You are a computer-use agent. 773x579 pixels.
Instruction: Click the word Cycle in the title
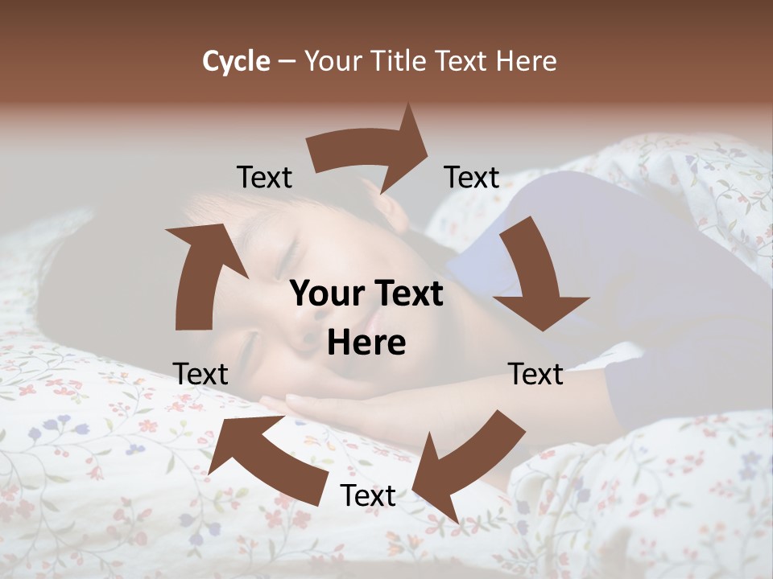click(236, 61)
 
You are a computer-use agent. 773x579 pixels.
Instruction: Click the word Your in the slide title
click(335, 61)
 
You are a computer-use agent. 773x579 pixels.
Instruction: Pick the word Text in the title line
click(461, 61)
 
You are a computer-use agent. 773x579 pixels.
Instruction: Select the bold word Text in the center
click(405, 294)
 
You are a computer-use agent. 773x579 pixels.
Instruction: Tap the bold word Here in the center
click(366, 343)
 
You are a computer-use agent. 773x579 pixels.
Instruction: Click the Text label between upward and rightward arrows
click(264, 178)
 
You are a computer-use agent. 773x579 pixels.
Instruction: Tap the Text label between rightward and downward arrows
click(472, 178)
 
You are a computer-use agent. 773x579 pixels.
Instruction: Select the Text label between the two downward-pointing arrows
click(535, 375)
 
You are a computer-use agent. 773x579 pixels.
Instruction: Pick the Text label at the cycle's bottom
click(368, 496)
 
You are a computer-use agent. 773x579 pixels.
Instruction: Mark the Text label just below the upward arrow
click(200, 375)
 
